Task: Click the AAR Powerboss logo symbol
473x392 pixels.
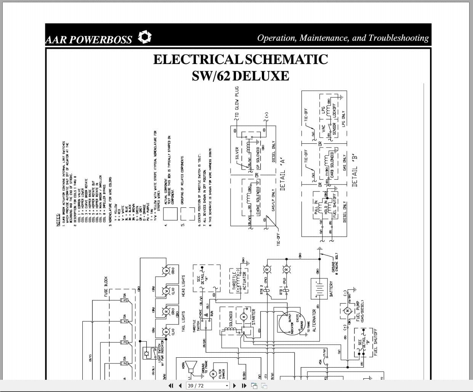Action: (144, 37)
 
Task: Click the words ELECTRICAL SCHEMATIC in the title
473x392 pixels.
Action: (240, 59)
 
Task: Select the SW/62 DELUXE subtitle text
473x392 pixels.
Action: (240, 76)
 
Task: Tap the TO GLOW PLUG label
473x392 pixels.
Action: (237, 103)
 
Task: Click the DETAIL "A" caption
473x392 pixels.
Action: (282, 174)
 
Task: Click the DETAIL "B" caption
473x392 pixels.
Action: (354, 170)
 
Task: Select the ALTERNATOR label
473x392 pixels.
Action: (314, 321)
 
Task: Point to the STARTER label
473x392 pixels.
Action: (253, 317)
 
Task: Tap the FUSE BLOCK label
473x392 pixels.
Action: (106, 287)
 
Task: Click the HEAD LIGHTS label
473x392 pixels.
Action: (183, 286)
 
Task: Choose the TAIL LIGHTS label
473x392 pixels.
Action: (183, 321)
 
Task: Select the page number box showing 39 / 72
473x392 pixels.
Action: (208, 386)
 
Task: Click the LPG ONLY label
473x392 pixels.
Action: (343, 119)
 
